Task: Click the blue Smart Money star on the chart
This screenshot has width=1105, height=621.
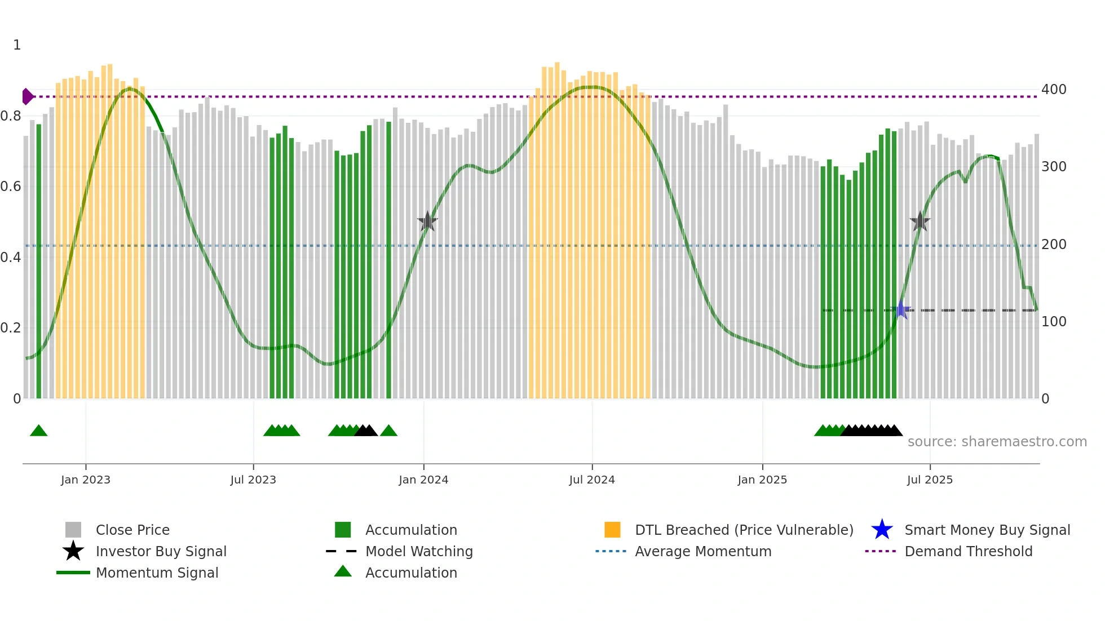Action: tap(901, 310)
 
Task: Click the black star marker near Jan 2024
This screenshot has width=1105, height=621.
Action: tap(428, 221)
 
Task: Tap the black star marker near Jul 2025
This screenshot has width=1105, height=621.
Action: tap(920, 221)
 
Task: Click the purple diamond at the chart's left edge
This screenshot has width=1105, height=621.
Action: tap(27, 96)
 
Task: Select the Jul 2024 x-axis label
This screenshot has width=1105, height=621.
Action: tap(592, 480)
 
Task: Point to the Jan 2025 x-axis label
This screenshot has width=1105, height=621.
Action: tap(762, 480)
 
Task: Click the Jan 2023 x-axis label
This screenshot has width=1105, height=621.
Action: tap(86, 480)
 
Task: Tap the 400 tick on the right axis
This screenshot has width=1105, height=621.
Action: tap(1054, 90)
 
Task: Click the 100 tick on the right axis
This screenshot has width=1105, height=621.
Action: tap(1054, 322)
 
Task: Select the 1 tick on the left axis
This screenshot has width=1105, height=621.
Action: tap(17, 45)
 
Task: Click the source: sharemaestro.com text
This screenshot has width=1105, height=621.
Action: tap(997, 442)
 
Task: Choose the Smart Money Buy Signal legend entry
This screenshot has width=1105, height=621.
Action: tap(987, 530)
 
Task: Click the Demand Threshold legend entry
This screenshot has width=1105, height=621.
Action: tap(968, 551)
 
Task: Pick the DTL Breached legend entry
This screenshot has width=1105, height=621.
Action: tap(744, 530)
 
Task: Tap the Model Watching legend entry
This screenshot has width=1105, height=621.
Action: tap(418, 551)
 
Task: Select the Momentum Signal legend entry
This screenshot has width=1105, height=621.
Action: tap(157, 573)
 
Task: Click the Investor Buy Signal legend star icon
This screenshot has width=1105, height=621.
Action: tap(73, 551)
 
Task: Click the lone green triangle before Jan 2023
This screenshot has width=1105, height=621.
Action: tap(38, 431)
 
